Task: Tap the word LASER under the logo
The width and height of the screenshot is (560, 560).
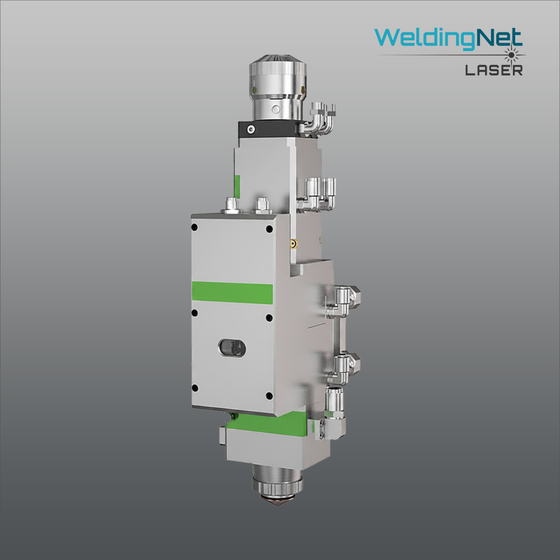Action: tap(494, 71)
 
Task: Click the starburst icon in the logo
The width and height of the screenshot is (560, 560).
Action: tap(512, 55)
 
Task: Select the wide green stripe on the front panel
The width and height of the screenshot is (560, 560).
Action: tap(232, 292)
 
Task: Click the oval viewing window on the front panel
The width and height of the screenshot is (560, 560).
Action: tap(232, 348)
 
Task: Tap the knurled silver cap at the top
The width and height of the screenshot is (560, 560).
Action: tap(278, 75)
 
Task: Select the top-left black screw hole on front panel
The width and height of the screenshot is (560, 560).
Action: tap(195, 227)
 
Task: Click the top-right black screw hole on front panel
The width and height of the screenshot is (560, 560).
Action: tap(270, 229)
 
